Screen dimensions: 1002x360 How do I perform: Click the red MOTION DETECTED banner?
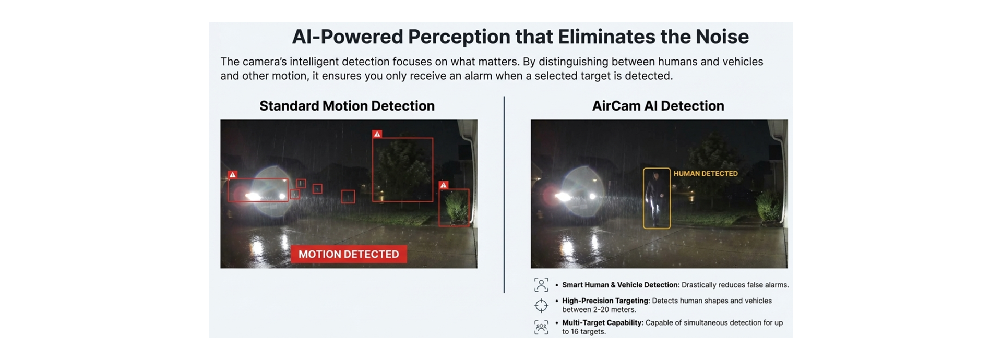[x=349, y=254]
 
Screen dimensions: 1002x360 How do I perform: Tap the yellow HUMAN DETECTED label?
[x=706, y=173]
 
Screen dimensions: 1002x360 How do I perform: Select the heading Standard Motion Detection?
[x=347, y=106]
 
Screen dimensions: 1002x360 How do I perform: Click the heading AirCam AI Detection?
[x=658, y=106]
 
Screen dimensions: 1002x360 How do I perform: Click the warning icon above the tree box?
[x=377, y=134]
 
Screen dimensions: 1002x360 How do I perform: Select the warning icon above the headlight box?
[x=233, y=174]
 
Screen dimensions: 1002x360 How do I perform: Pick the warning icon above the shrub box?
[x=444, y=185]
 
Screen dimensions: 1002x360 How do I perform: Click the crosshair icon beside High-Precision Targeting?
[x=541, y=305]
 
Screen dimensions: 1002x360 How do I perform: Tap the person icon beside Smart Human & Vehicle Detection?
[x=541, y=285]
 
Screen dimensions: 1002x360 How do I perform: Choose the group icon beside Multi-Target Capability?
[x=541, y=327]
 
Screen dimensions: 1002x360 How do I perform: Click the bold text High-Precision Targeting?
[x=606, y=301]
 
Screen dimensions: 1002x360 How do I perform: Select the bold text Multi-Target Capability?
[x=603, y=322]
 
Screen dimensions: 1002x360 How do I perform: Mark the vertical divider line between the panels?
[x=504, y=195]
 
